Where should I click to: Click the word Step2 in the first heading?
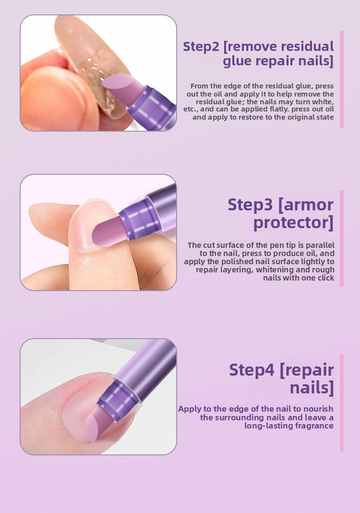[201, 47]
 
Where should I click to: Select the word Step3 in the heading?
[250, 205]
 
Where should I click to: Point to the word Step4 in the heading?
[252, 370]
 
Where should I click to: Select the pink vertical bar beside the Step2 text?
[342, 79]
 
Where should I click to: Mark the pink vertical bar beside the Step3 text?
[342, 239]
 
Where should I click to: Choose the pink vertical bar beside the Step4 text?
[342, 403]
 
